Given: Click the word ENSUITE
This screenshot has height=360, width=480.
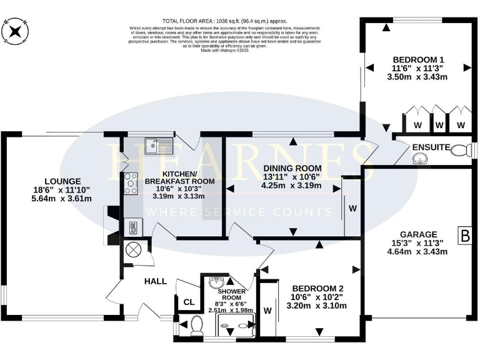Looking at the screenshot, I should pyautogui.click(x=431, y=147).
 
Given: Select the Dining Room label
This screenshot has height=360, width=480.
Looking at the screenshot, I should pyautogui.click(x=292, y=168).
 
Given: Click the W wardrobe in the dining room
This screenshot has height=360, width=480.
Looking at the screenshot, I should pyautogui.click(x=352, y=208).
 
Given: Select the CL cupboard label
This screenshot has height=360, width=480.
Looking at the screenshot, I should pyautogui.click(x=188, y=302).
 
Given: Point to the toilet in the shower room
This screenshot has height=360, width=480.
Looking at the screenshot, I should pyautogui.click(x=196, y=324).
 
